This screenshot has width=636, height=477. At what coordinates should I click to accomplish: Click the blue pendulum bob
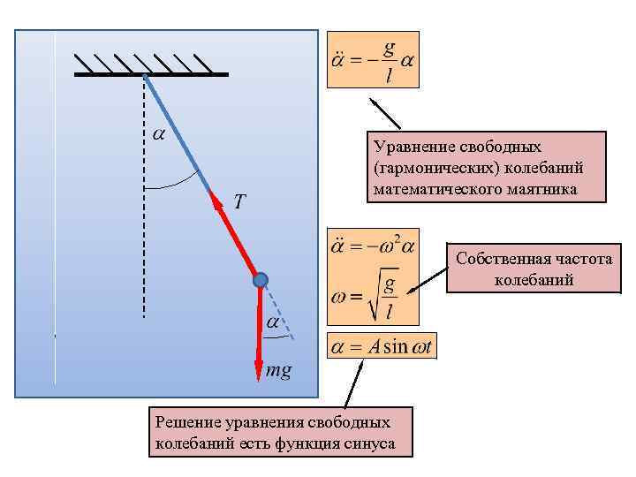tap(261, 280)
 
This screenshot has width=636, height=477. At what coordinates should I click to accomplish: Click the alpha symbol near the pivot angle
tap(158, 134)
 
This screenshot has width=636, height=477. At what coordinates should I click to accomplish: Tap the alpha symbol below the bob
tap(273, 323)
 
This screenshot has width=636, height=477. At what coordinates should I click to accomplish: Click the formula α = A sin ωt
tap(382, 347)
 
